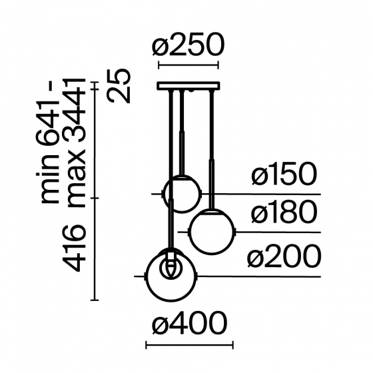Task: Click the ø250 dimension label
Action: (x=187, y=46)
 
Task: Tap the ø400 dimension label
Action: (x=190, y=325)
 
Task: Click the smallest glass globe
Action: (x=181, y=193)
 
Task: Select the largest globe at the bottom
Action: (x=174, y=275)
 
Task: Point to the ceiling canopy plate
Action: (x=187, y=85)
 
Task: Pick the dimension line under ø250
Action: (x=187, y=66)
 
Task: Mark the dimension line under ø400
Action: (x=190, y=345)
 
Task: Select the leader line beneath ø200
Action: (x=266, y=276)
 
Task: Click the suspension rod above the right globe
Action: (x=212, y=147)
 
